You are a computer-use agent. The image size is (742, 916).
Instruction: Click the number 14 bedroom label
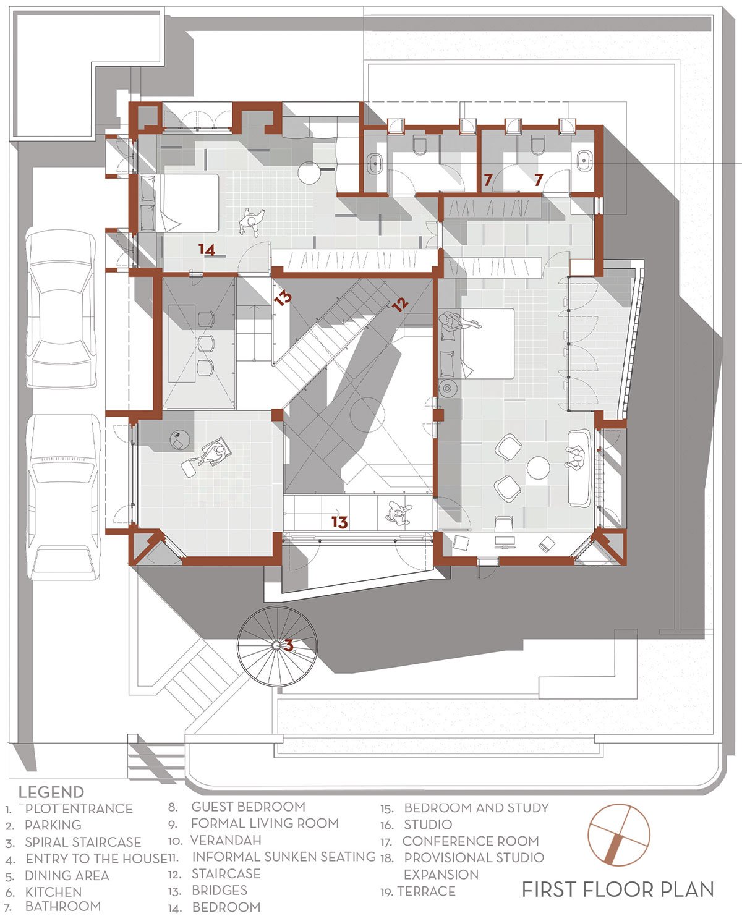207,250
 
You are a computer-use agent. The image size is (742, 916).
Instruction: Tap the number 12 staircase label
400,304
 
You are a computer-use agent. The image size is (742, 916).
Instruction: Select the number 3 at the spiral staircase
289,645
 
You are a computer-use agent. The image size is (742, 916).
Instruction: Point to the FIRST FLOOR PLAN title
618,889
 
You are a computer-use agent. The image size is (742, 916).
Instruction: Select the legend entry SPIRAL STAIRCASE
83,842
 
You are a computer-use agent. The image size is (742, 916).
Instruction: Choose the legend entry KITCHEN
53,892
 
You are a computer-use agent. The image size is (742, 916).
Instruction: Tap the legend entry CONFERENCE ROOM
471,841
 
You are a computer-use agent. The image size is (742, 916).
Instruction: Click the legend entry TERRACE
426,891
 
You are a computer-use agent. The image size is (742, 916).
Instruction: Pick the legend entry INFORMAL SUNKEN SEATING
284,857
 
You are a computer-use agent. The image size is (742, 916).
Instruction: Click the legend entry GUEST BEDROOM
249,807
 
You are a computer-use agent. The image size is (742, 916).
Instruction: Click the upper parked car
61,309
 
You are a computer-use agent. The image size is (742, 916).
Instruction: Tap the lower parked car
64,497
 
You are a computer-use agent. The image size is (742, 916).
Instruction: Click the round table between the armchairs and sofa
538,468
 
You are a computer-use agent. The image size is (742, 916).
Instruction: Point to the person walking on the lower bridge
399,513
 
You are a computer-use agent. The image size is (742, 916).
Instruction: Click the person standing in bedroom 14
252,221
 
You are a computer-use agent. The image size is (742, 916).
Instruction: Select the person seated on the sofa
576,459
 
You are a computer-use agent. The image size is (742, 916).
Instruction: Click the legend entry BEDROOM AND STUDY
477,808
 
